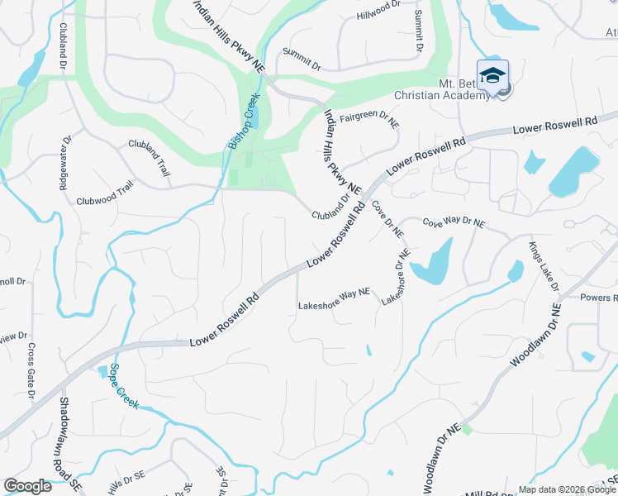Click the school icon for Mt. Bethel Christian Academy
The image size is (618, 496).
click(492, 76)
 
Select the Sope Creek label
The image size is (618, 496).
click(121, 386)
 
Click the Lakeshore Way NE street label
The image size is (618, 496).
click(334, 306)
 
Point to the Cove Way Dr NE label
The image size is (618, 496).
click(454, 223)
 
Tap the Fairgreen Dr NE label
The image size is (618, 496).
click(369, 119)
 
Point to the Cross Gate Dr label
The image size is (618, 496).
click(31, 371)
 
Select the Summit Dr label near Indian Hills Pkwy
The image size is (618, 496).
click(300, 59)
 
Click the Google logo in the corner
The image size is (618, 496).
click(27, 486)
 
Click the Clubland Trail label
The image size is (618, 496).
click(149, 157)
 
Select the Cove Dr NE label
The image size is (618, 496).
click(386, 217)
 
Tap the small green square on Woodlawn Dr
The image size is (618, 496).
click(466, 428)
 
